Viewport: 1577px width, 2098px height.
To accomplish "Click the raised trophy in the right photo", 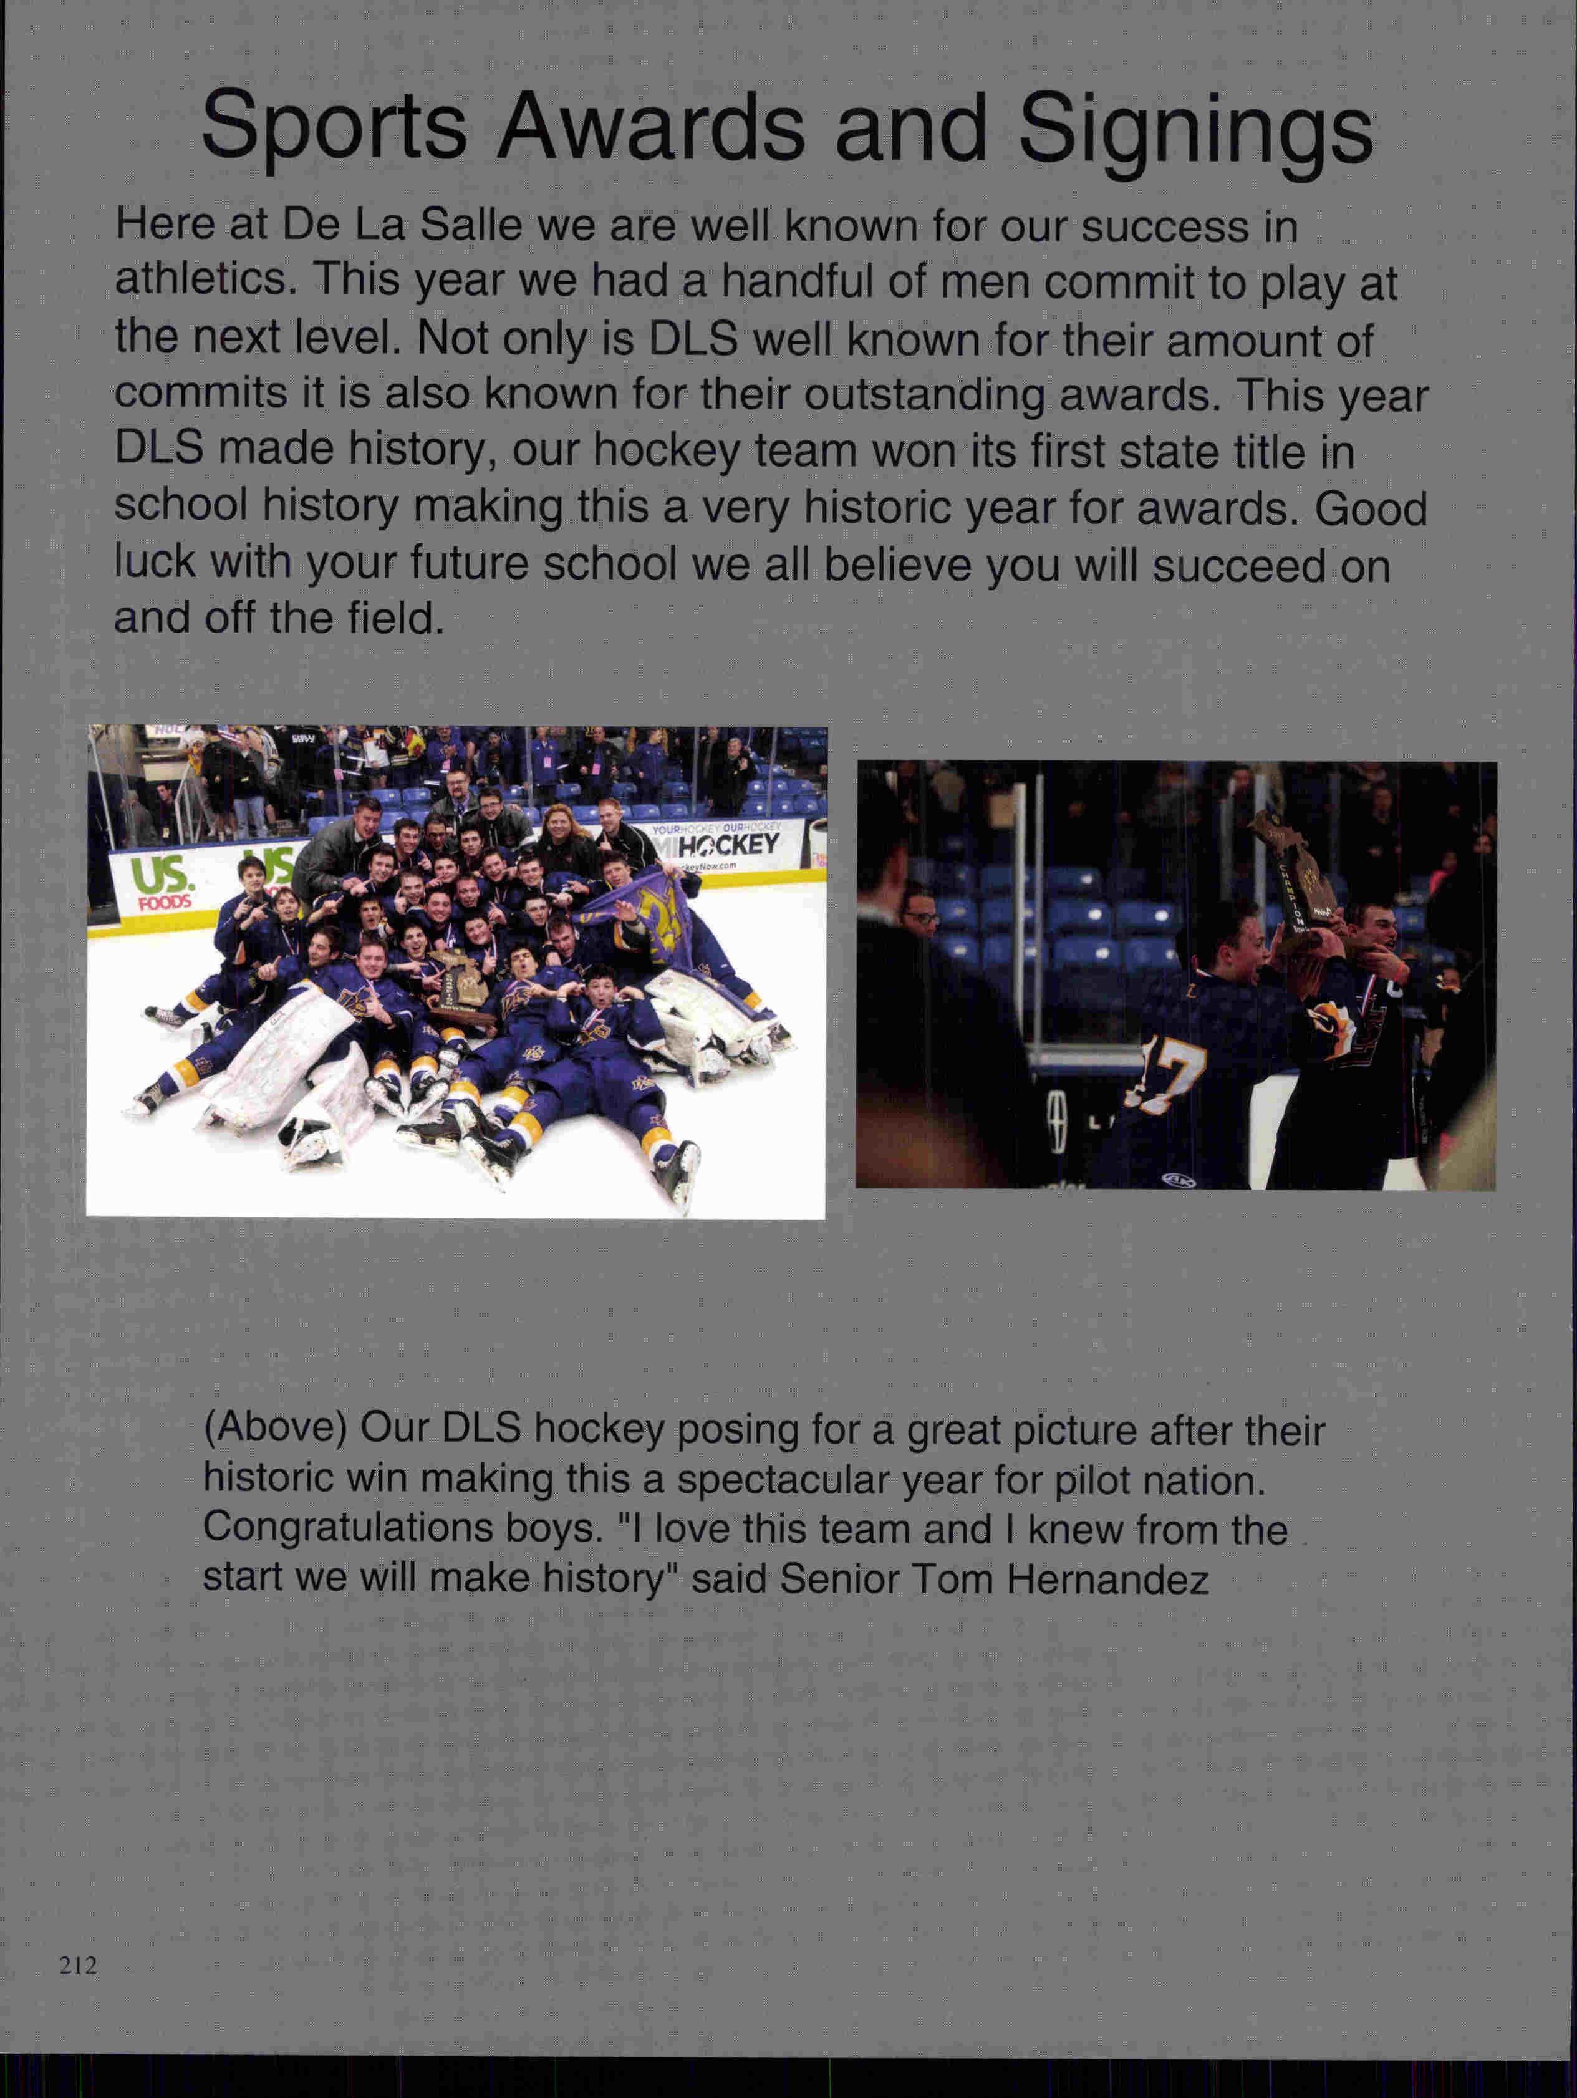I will tap(1295, 873).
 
